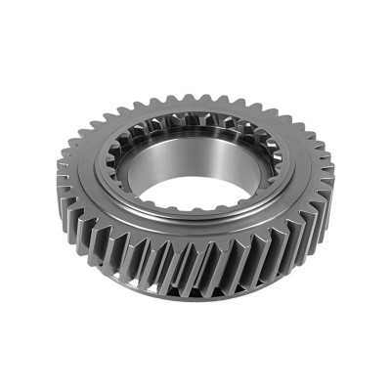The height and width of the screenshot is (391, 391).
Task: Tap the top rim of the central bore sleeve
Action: pyautogui.click(x=195, y=136)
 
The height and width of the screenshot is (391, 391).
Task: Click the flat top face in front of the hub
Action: pyautogui.click(x=195, y=240)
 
